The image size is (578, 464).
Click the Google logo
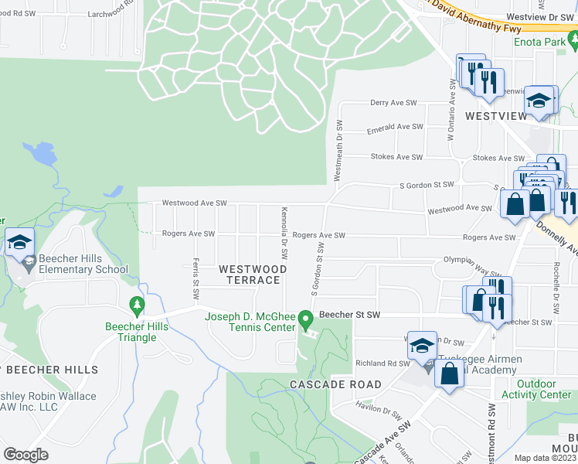pos(26,455)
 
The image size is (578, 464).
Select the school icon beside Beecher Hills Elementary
pos(19,243)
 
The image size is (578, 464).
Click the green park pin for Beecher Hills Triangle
pos(137,306)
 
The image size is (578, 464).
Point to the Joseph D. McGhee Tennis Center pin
pos(305,319)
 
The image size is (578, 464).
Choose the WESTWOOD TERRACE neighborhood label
pos(252,274)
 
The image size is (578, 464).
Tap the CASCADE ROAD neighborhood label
pos(335,384)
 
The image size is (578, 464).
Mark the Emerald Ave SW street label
pos(395,127)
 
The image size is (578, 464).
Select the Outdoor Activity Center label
pos(543,389)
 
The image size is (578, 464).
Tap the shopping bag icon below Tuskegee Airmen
pos(450,374)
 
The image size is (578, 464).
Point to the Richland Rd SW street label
pos(382,363)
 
